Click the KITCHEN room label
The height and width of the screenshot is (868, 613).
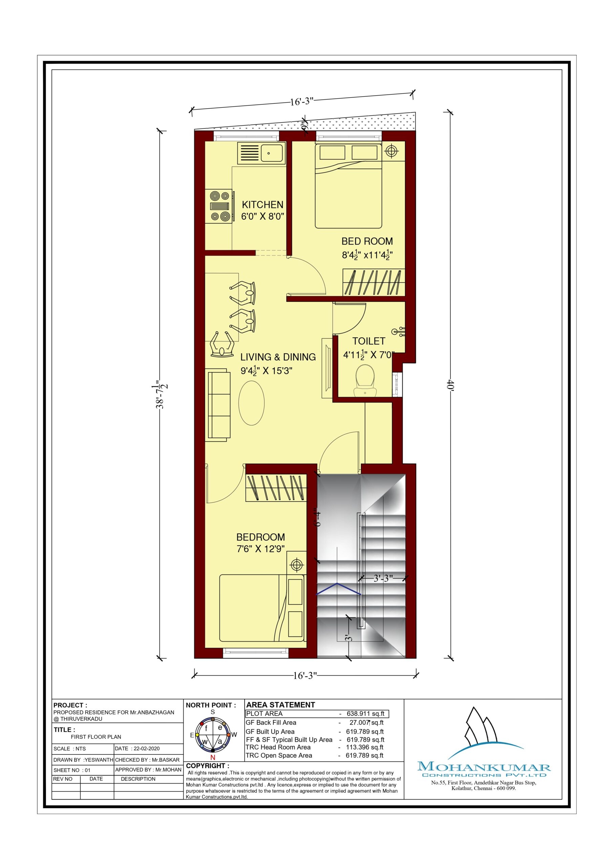pos(262,204)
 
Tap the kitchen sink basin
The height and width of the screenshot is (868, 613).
pos(272,153)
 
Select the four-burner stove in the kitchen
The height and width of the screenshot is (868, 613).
pos(220,206)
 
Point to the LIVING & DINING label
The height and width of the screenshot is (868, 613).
pos(278,357)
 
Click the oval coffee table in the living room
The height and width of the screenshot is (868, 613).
pos(251,403)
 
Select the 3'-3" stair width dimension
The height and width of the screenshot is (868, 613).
pos(383,578)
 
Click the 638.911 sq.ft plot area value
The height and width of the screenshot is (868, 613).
pos(365,714)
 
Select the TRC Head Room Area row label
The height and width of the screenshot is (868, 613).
pos(278,747)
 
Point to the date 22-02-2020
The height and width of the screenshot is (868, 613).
pos(147,749)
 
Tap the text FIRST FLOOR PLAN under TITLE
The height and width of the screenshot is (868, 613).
pos(96,737)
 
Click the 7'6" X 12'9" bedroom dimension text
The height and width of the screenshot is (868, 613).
pos(261,549)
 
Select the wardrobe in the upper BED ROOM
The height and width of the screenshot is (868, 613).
pos(374,282)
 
